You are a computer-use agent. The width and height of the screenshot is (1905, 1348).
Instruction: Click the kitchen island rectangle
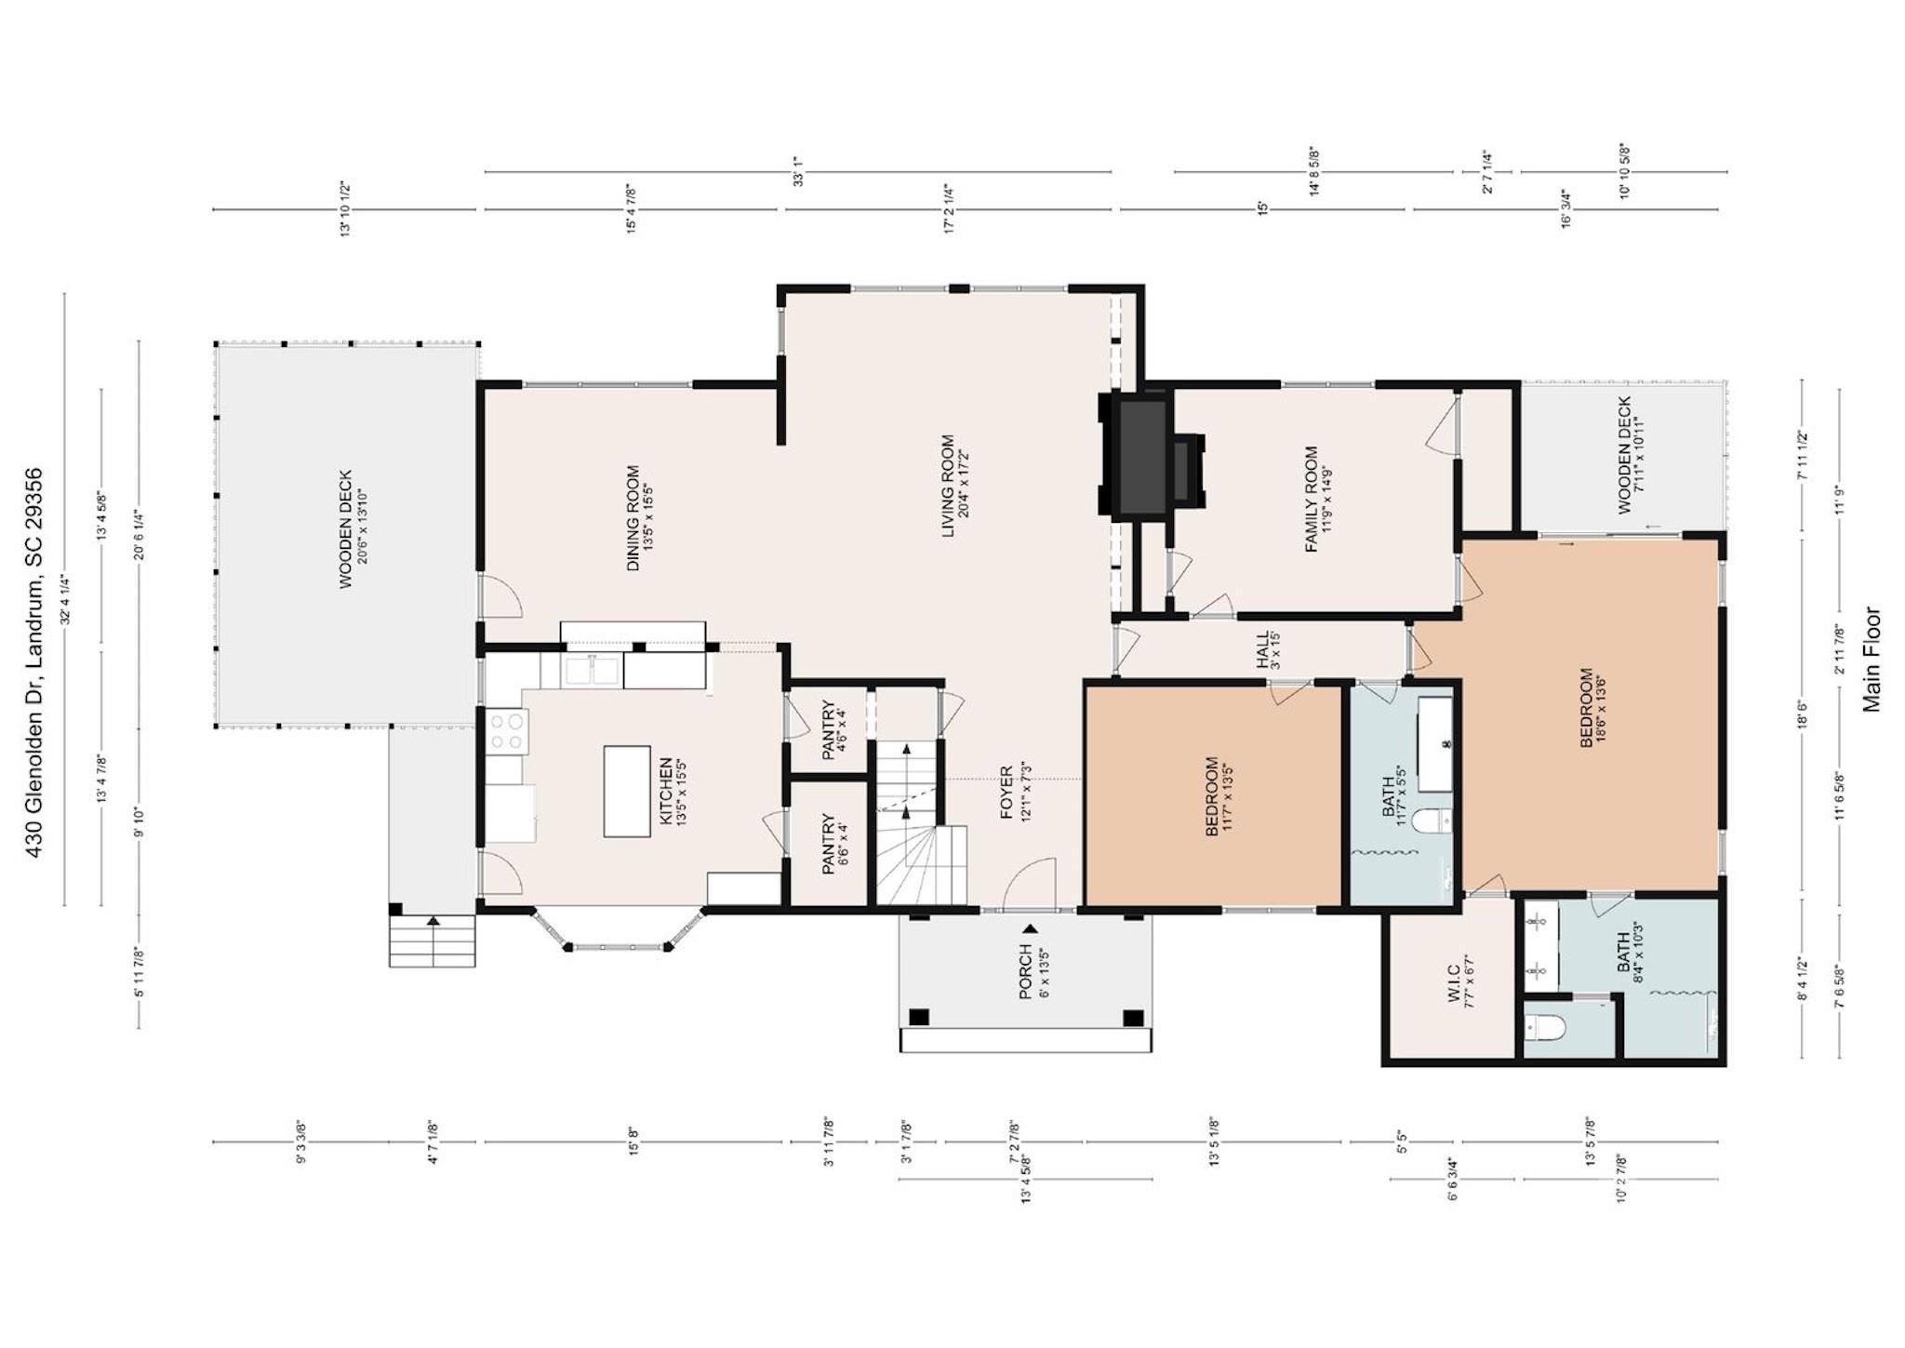click(627, 791)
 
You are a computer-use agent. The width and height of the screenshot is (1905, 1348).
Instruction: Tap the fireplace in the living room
click(1152, 455)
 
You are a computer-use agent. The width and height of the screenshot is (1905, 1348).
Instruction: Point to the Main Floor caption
click(1871, 660)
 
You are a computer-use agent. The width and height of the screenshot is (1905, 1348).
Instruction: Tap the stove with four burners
click(507, 730)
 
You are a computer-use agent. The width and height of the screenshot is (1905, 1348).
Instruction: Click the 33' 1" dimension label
click(797, 178)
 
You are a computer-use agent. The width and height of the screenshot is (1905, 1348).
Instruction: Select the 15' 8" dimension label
click(633, 1141)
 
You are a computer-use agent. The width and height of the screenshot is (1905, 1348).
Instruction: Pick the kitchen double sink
click(593, 671)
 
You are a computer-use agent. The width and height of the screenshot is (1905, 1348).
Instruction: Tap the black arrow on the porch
click(1030, 928)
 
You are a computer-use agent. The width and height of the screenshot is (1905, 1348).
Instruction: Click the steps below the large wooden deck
click(433, 941)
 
